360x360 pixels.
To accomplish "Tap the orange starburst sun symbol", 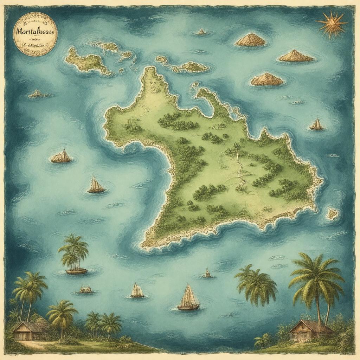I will click(x=331, y=24).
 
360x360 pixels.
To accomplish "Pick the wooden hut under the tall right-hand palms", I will click(x=311, y=332).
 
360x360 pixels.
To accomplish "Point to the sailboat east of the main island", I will click(x=317, y=125).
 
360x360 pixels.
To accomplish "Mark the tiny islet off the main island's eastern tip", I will click(x=332, y=213).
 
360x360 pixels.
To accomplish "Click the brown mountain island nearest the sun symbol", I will click(x=296, y=56).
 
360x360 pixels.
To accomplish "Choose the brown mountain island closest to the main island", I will click(x=267, y=79).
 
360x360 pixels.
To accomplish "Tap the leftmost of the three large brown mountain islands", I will click(x=250, y=40).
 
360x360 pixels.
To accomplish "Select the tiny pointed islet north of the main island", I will click(x=201, y=32).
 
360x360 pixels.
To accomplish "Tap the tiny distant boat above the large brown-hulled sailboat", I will click(x=207, y=273).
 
